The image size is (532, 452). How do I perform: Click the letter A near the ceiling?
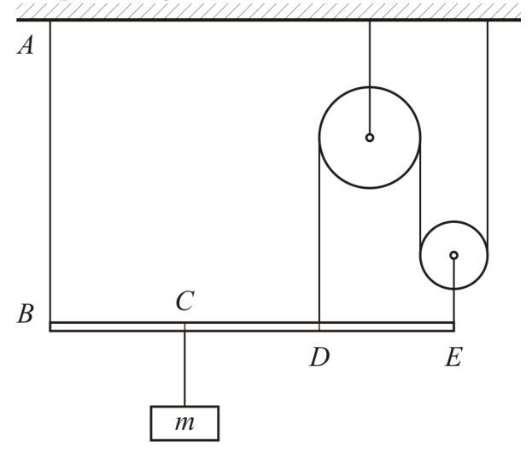[x=26, y=44]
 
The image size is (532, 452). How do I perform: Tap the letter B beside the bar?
[x=26, y=313]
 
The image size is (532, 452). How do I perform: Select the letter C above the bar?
[x=185, y=301]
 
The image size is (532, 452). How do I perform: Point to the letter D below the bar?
[x=319, y=357]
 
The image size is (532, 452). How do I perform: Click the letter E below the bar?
[x=453, y=357]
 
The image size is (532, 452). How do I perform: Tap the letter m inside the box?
[x=185, y=423]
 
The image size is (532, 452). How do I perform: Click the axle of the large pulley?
[x=370, y=138]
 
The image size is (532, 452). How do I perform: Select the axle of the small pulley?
[x=454, y=255]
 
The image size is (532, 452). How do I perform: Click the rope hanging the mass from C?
[x=185, y=368]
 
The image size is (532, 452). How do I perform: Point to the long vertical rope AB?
[x=50, y=172]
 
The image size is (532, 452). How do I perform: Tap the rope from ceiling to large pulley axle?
[x=370, y=78]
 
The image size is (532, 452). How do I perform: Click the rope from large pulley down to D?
[x=319, y=230]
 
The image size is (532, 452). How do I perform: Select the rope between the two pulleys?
[x=420, y=197]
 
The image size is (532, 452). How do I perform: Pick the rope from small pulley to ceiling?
[x=488, y=138]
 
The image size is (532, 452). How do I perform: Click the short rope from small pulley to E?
[x=454, y=291]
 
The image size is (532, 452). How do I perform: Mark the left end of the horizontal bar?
[x=50, y=326]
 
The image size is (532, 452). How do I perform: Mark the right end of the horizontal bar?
[x=454, y=326]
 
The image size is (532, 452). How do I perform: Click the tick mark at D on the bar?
[x=319, y=326]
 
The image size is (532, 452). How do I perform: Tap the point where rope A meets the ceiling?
[x=50, y=21]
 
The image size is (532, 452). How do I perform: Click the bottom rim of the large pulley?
[x=370, y=187]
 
